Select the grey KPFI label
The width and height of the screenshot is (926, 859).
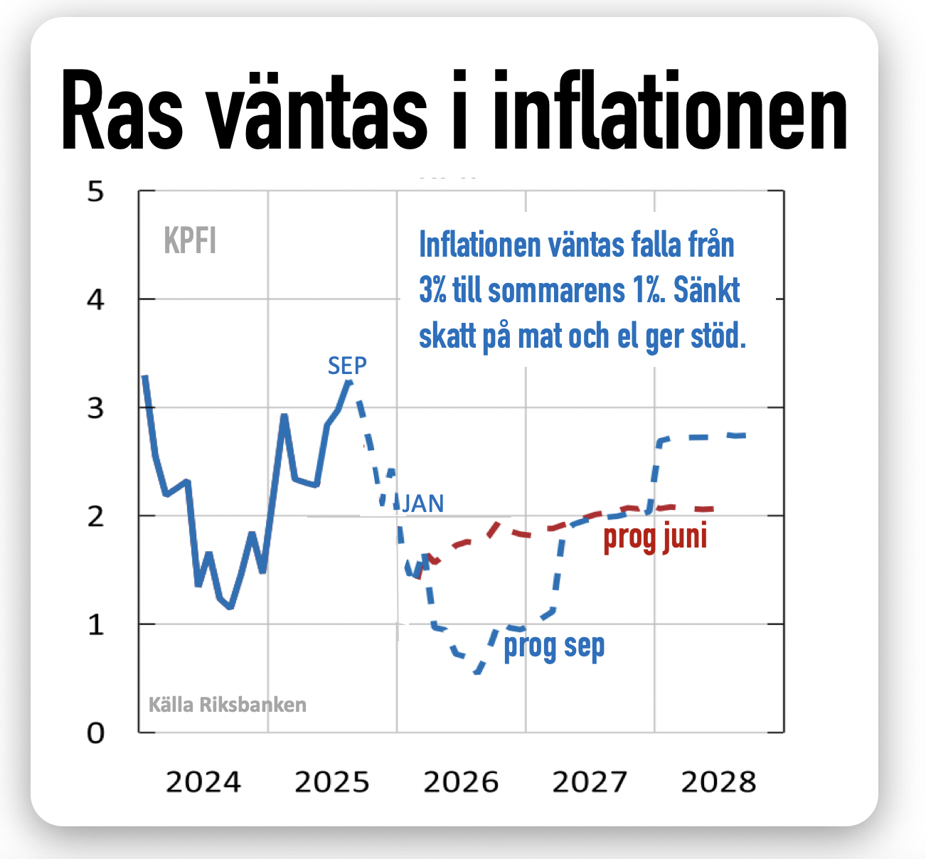pyautogui.click(x=190, y=241)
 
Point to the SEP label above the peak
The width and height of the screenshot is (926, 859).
pyautogui.click(x=347, y=366)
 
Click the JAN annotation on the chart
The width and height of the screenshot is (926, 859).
pyautogui.click(x=423, y=503)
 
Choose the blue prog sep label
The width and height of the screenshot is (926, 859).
pyautogui.click(x=554, y=647)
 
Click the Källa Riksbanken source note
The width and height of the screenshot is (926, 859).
pyautogui.click(x=228, y=705)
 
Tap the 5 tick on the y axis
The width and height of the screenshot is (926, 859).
pyautogui.click(x=95, y=192)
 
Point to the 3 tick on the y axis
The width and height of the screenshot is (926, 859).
pyautogui.click(x=95, y=409)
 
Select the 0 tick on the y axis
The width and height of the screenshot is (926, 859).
pyautogui.click(x=95, y=733)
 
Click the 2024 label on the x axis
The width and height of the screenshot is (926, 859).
pyautogui.click(x=203, y=782)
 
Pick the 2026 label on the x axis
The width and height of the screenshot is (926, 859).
pyautogui.click(x=461, y=782)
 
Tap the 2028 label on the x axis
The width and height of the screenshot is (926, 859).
pyautogui.click(x=718, y=782)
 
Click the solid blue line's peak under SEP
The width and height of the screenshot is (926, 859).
pyautogui.click(x=348, y=382)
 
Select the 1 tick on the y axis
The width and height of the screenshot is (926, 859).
pyautogui.click(x=95, y=625)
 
